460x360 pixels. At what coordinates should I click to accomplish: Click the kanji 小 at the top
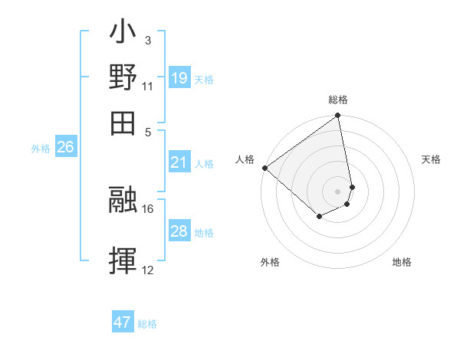(123, 34)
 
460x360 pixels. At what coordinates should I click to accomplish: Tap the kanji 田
(123, 123)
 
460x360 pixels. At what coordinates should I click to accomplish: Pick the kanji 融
(123, 201)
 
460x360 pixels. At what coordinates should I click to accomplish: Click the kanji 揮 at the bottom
(123, 261)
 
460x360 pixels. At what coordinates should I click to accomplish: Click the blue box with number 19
(179, 78)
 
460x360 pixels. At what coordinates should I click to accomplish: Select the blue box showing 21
(179, 162)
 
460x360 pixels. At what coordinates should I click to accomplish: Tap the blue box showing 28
(179, 231)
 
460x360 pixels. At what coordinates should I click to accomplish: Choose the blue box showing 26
(65, 147)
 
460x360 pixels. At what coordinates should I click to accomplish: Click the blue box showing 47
(123, 322)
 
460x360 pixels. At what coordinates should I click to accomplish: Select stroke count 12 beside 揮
(148, 270)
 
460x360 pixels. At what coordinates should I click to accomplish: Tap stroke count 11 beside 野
(148, 87)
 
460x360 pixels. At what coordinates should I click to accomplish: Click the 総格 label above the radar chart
(338, 100)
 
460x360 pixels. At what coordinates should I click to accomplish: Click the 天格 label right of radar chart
(432, 159)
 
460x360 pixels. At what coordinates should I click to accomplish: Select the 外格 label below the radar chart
(270, 262)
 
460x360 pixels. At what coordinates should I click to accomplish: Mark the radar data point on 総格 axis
(338, 116)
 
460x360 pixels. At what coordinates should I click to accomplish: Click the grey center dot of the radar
(338, 191)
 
